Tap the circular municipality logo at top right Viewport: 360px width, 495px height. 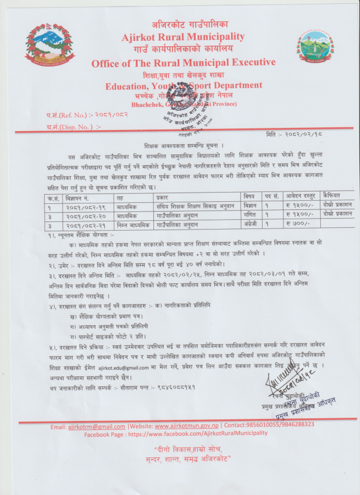[x=315, y=48]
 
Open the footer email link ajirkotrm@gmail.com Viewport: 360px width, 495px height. [x=96, y=425]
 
